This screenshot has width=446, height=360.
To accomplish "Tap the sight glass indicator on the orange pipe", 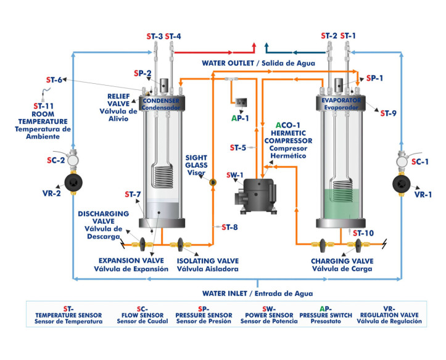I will (213, 182).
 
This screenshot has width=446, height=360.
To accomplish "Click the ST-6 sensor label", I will (54, 80).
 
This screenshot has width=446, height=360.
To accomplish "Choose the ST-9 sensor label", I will (388, 113).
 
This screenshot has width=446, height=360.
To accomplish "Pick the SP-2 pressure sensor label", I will (142, 73).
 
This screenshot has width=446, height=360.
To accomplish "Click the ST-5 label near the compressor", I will (238, 148).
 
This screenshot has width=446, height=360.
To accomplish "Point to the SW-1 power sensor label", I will (234, 175).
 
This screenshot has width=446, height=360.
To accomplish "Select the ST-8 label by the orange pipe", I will (229, 227).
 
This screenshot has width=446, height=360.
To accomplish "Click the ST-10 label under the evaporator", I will (364, 232).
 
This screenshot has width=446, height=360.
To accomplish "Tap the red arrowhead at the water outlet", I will (254, 48).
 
